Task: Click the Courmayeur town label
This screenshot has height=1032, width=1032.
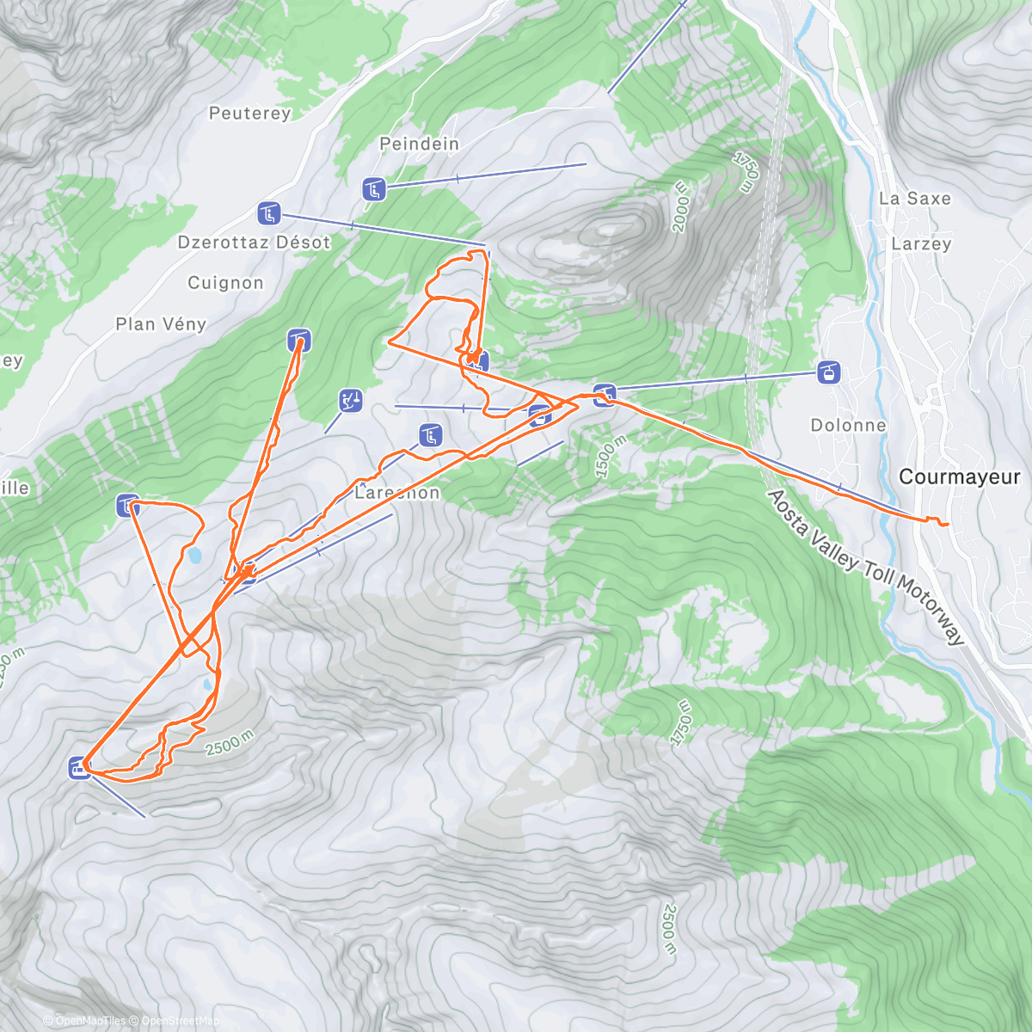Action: coord(959,477)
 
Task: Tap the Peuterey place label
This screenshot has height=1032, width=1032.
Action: coord(250,114)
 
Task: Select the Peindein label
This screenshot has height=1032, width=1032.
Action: coord(420,144)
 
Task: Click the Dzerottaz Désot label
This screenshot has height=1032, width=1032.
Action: coord(254,243)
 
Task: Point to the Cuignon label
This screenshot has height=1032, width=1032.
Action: coord(225,283)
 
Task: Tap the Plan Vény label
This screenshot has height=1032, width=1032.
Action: coord(161,324)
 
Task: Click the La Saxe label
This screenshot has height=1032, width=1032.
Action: coord(915,199)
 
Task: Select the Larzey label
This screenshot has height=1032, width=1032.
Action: coord(921,244)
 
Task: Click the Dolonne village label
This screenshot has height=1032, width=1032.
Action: coord(848,426)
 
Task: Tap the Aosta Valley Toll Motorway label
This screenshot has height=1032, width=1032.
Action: coord(865,568)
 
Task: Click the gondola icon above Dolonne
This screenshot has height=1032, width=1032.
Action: coord(829,372)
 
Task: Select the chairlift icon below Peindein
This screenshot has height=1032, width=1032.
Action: coord(373,189)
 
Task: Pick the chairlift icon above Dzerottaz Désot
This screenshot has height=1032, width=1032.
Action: coord(268,213)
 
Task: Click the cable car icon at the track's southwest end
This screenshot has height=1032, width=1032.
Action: coord(79,767)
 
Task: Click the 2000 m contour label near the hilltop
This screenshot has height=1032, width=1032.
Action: coord(680,206)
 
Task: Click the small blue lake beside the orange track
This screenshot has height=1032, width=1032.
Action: coord(194,556)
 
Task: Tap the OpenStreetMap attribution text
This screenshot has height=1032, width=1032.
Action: coord(179,1021)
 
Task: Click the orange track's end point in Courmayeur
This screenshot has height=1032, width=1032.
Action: coord(946,524)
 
